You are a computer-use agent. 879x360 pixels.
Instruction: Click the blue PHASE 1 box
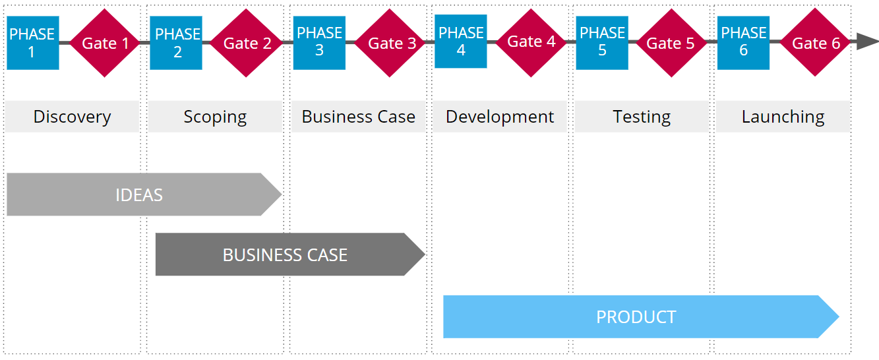click(x=32, y=43)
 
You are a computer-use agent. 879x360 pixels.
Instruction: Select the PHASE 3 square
click(x=319, y=43)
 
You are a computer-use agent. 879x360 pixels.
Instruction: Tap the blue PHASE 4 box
click(x=461, y=42)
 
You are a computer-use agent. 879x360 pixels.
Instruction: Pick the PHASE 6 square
click(x=743, y=43)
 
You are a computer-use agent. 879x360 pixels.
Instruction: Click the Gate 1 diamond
click(x=105, y=44)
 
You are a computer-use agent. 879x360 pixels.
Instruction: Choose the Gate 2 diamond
click(x=247, y=44)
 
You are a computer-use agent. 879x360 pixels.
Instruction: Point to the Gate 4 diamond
click(x=531, y=42)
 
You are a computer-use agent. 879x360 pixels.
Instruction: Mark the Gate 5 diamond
click(x=671, y=44)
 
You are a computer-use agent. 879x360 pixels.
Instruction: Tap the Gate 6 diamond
click(x=816, y=44)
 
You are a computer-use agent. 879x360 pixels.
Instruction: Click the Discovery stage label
click(x=72, y=117)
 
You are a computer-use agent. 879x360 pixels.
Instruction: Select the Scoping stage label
click(x=215, y=117)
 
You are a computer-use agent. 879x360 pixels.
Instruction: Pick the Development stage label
click(x=500, y=117)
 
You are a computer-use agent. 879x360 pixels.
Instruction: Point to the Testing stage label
click(x=642, y=117)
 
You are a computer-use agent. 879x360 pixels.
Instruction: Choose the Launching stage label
click(x=783, y=117)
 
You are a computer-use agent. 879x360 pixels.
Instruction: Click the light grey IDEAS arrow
click(x=139, y=195)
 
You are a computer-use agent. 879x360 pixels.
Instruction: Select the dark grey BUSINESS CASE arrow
click(x=285, y=255)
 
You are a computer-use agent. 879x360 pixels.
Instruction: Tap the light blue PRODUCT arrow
click(x=636, y=317)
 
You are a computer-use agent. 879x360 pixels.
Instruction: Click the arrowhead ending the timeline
click(x=867, y=42)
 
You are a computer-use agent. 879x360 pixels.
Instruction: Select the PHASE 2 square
click(x=176, y=43)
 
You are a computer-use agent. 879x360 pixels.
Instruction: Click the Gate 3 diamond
click(x=392, y=44)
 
